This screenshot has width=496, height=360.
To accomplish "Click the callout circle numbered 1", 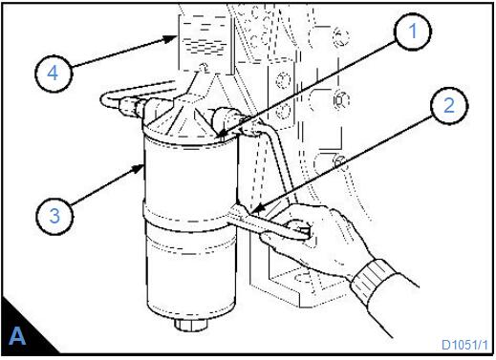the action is (413, 32).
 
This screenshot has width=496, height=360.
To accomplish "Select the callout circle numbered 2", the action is (449, 105).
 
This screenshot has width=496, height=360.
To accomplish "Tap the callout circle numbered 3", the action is (54, 216).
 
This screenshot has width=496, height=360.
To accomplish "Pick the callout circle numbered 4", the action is (54, 74).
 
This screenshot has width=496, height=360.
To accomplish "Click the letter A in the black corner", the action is (17, 335).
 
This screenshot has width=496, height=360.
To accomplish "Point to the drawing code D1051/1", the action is (464, 345).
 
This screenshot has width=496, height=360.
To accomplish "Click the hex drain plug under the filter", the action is (191, 325).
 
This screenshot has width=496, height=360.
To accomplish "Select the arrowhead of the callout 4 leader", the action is (171, 38).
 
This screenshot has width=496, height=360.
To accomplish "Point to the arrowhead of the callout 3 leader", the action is (139, 167).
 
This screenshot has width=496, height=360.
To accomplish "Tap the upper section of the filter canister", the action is (190, 175).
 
